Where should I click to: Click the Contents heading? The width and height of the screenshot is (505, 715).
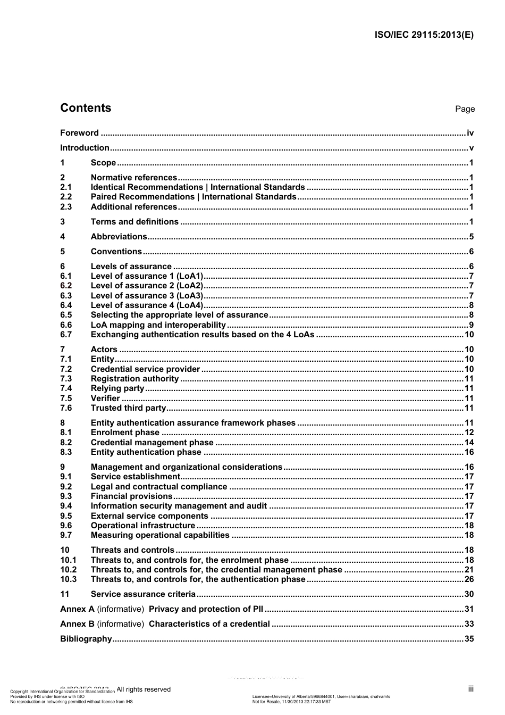coord(86,108)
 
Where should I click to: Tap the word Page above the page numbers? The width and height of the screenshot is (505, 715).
coord(465,109)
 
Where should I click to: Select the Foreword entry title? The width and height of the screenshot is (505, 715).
coord(79,133)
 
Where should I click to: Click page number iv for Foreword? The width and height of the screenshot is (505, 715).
coord(470,133)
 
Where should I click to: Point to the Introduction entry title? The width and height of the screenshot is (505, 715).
coord(85,148)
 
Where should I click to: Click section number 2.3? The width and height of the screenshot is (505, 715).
coord(66,207)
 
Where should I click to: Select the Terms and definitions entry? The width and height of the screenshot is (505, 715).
coord(134,222)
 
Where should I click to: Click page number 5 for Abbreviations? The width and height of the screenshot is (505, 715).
coord(471,237)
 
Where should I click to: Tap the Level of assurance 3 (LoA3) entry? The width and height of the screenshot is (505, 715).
coord(147,296)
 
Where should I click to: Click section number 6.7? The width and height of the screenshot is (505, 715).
coord(66,335)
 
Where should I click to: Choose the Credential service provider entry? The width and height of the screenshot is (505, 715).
coord(145,369)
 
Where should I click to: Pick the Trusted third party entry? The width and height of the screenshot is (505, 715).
coord(128,408)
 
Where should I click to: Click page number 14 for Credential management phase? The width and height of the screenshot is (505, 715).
coord(469,443)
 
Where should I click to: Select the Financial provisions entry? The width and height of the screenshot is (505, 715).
coord(131,496)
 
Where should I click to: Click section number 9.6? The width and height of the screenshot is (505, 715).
coord(66,526)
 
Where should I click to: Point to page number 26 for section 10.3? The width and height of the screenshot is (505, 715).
coord(469,579)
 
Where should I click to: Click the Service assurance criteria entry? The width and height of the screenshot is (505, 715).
coord(143,594)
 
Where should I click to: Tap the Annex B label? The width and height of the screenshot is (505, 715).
coord(77,624)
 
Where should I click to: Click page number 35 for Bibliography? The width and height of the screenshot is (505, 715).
coord(469,639)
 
